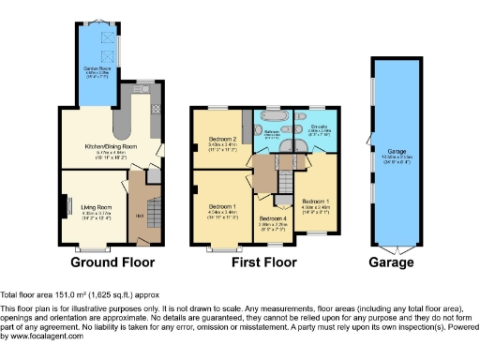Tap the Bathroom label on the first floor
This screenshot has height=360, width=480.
tap(271, 133)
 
